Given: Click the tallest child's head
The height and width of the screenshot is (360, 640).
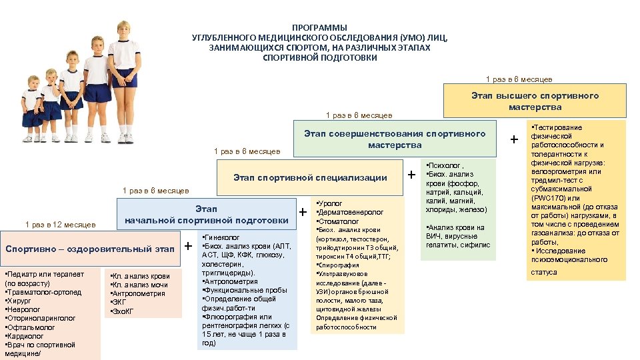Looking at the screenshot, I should click(124, 30).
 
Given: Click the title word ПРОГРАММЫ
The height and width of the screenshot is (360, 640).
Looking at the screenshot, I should click(319, 27).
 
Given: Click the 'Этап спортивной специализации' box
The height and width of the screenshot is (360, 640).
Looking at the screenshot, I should click(310, 177).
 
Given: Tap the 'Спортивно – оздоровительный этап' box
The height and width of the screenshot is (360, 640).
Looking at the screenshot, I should click(89, 249).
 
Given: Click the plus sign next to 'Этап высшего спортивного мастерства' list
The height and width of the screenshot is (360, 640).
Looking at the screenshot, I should click(513, 139).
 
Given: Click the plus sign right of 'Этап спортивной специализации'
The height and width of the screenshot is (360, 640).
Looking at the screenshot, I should click(411, 175).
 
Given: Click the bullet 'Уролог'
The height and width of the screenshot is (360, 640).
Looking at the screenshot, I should click(331, 203).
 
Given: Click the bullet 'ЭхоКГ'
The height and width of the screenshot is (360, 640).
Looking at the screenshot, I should click(124, 311).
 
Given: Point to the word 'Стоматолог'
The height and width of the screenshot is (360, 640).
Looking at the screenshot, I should click(339, 221).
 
